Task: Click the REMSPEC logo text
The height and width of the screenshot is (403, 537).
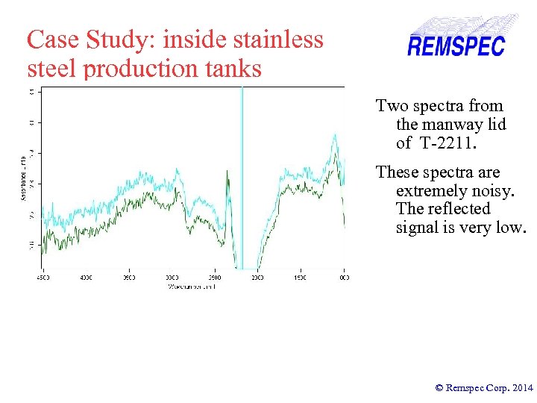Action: click(456, 46)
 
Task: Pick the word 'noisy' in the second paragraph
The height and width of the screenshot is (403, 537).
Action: click(499, 190)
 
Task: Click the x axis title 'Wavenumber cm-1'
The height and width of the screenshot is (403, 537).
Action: click(192, 286)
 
